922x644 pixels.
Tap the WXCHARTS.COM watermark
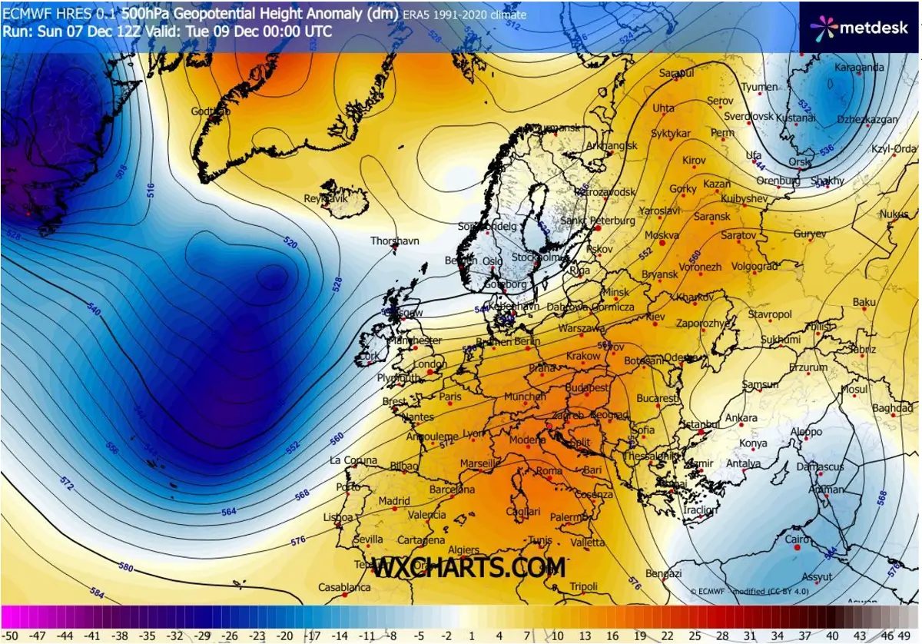click(469, 568)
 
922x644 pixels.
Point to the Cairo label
click(798, 539)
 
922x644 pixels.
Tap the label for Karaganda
click(860, 68)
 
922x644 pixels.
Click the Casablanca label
click(345, 588)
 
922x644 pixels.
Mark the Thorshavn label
click(395, 241)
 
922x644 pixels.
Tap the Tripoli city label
click(584, 587)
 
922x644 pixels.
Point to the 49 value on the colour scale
click(909, 636)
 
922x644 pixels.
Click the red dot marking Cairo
click(796, 549)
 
